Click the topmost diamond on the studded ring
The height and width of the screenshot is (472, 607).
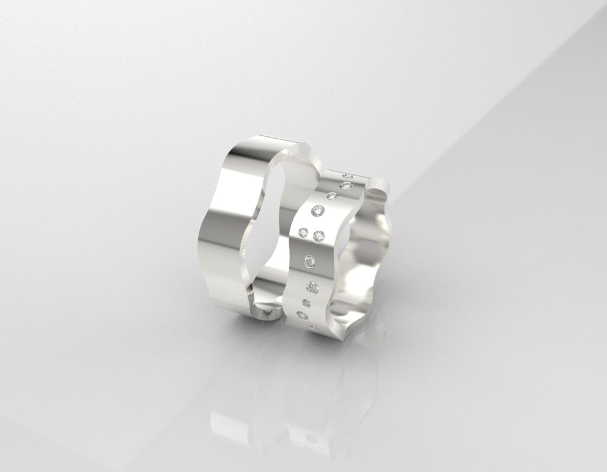[x=348, y=176]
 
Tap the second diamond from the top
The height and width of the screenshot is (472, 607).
[x=346, y=186]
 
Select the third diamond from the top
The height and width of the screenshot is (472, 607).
[x=332, y=196]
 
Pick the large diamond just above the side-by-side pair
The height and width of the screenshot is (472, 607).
[x=318, y=211]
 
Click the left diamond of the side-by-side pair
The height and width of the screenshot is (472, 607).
[x=303, y=231]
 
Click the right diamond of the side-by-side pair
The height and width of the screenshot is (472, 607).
[x=319, y=236]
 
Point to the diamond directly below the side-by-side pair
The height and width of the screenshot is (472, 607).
[x=310, y=260]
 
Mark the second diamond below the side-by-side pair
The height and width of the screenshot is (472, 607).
[x=312, y=287]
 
